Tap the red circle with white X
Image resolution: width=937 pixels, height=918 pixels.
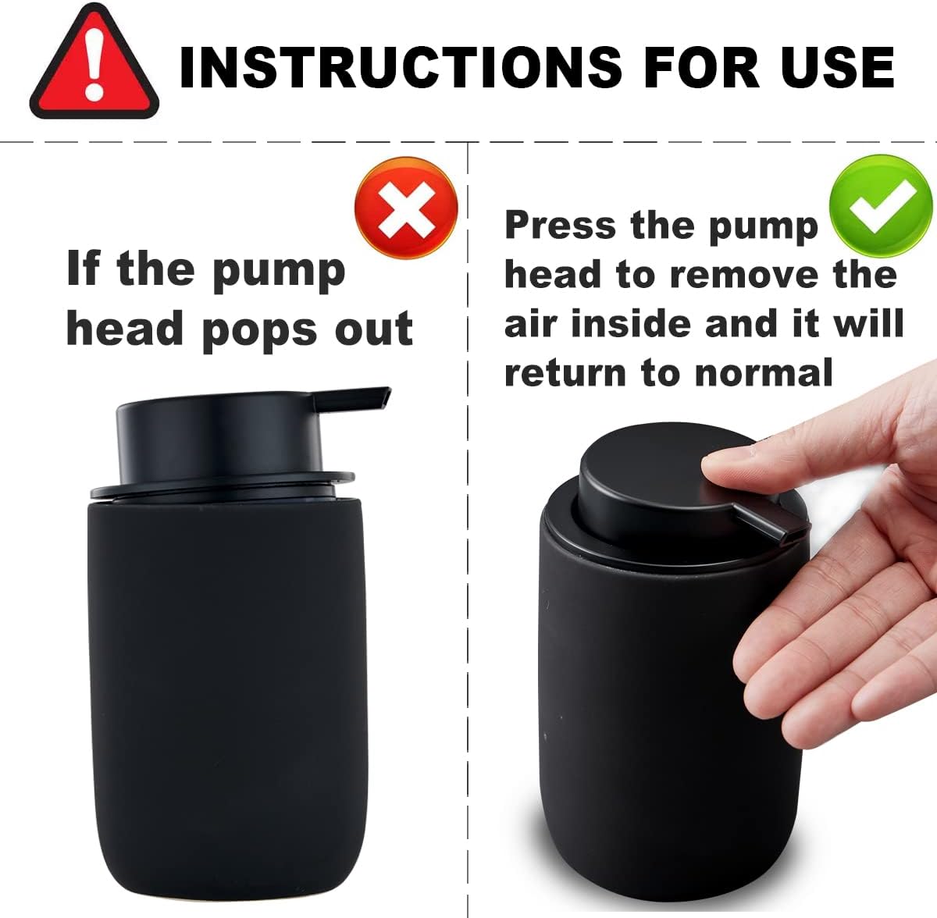406,208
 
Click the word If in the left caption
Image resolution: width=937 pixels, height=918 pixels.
83,269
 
